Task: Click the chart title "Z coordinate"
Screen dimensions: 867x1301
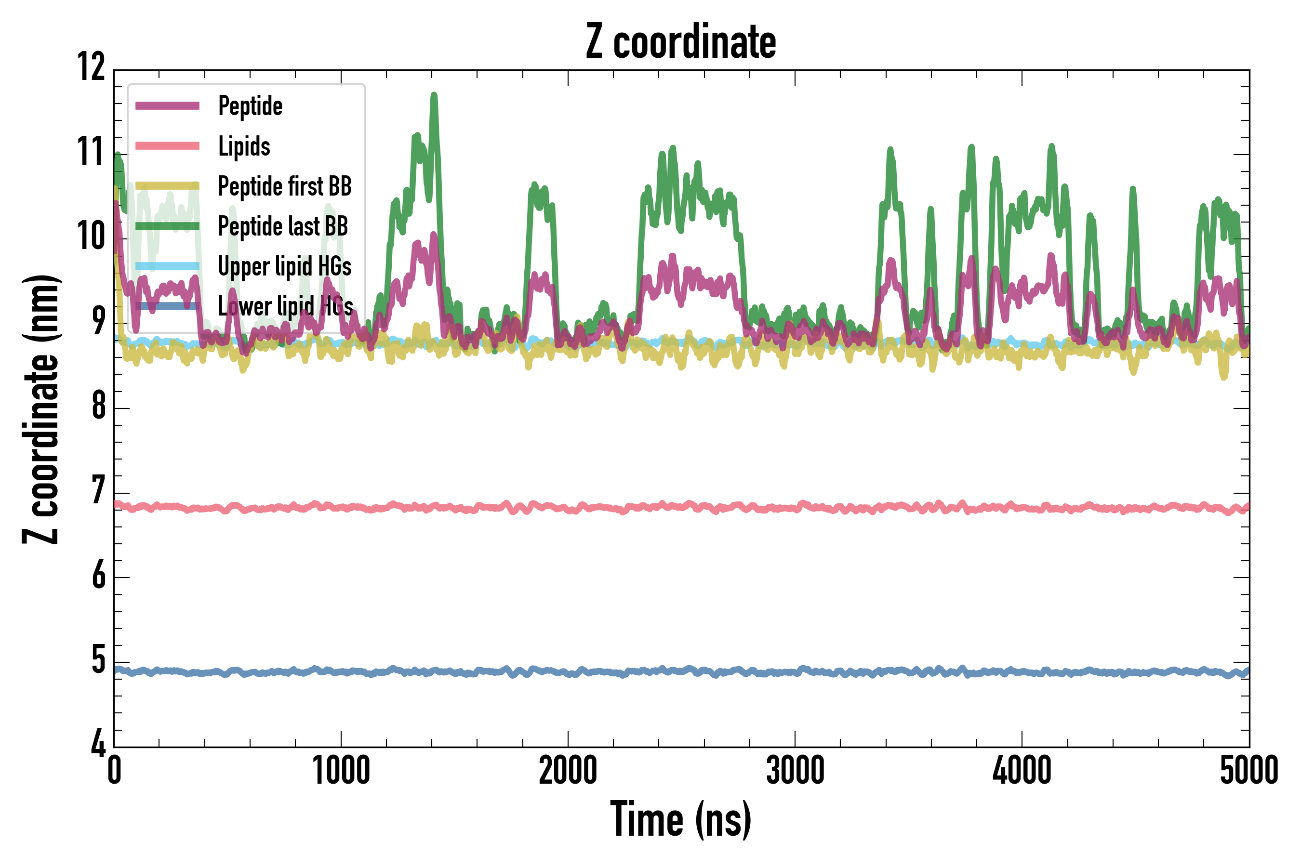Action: (681, 42)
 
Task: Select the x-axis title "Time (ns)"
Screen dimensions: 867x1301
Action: (681, 819)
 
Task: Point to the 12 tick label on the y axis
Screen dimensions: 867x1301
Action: (91, 67)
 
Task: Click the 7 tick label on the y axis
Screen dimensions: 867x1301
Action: (98, 490)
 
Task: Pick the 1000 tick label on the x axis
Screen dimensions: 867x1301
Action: (341, 770)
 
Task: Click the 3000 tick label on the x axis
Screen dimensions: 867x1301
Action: (795, 770)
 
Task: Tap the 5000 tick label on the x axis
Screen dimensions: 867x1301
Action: (1248, 770)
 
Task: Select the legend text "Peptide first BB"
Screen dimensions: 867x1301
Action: (284, 186)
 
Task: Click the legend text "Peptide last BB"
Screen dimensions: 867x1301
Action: (283, 226)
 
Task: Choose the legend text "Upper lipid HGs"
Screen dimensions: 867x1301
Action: (284, 266)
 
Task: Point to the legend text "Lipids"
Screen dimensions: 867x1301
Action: (244, 146)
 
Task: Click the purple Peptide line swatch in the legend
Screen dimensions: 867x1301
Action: (167, 105)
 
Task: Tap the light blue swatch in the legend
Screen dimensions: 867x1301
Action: (167, 266)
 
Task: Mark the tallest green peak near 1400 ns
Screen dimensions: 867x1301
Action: (434, 96)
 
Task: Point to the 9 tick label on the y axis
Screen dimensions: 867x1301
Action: (98, 321)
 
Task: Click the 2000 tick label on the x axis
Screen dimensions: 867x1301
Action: (568, 770)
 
